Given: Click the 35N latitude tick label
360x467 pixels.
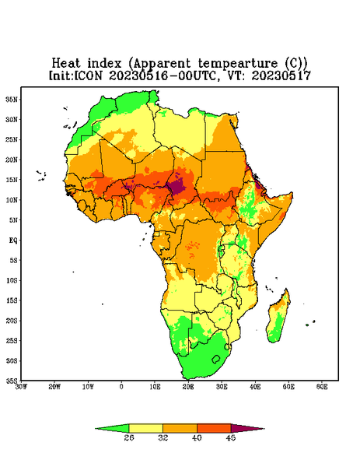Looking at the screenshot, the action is coord(12,100).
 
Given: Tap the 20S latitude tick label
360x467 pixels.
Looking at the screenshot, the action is coord(12,321).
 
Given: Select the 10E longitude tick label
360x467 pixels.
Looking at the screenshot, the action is coord(155,387).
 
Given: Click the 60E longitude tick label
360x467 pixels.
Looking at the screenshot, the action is coord(322,387).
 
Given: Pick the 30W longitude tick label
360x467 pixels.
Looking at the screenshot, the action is coord(21,387).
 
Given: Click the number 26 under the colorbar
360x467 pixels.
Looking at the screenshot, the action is coord(129,437).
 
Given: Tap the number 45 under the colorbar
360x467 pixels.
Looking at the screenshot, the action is coord(231,437).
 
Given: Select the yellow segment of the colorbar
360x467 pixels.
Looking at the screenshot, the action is coord(145,428).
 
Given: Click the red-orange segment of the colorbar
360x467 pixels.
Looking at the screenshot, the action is coord(214,428).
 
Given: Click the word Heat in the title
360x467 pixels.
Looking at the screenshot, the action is coord(66,64).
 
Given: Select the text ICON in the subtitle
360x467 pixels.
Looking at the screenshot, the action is coord(89,75).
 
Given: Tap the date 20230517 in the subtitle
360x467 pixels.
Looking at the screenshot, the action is coord(281,75).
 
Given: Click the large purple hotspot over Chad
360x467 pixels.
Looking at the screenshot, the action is coord(177,187).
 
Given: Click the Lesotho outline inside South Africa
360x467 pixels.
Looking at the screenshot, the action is coord(216,359).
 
